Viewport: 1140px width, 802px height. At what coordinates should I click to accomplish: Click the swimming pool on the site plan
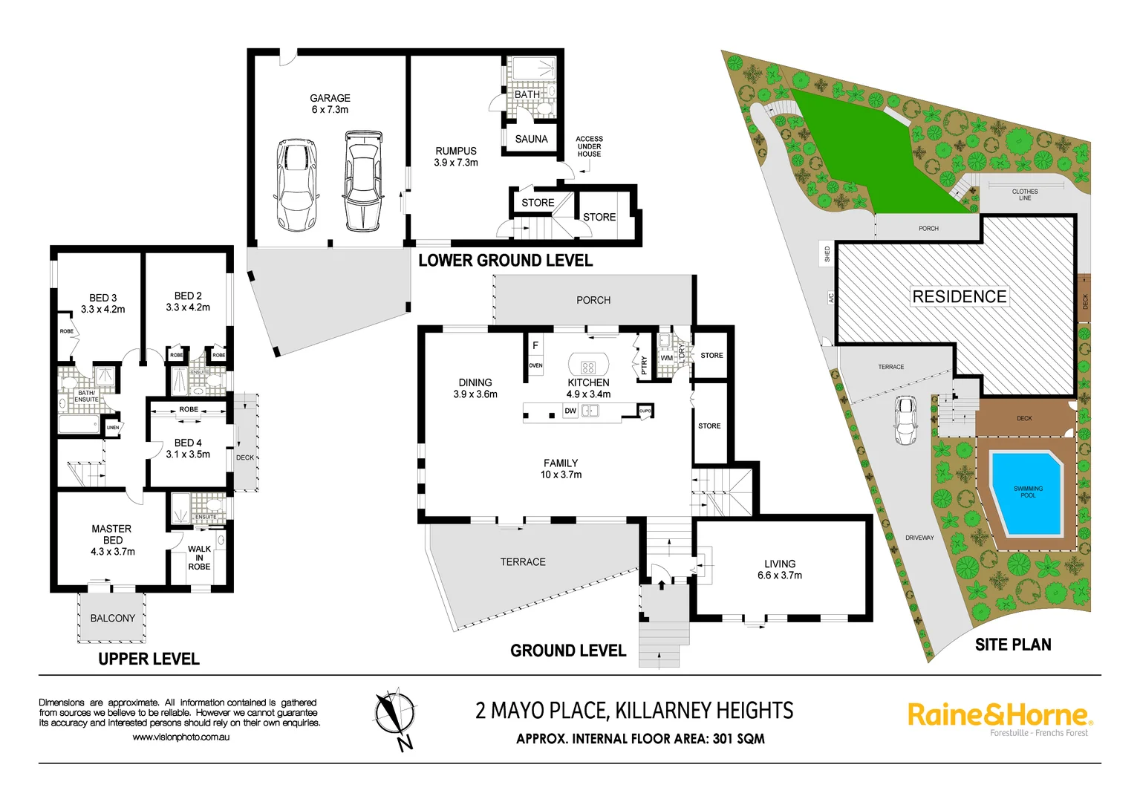click(1027, 492)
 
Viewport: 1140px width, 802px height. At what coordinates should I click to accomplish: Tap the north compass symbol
click(394, 716)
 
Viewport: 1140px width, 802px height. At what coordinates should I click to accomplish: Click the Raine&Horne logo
click(1000, 716)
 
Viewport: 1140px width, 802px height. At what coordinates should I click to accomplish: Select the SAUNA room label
click(531, 139)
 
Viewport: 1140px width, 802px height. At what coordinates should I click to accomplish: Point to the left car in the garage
click(297, 184)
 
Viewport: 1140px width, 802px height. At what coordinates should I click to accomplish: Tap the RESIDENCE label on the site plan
click(959, 296)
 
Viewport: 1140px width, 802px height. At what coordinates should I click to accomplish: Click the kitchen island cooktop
click(588, 367)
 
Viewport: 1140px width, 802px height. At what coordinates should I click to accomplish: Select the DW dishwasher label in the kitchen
click(570, 411)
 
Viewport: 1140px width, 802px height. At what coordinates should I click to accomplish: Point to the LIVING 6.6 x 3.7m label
click(779, 570)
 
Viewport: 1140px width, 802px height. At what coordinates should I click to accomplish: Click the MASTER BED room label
click(112, 535)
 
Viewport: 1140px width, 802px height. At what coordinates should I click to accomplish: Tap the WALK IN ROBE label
click(199, 558)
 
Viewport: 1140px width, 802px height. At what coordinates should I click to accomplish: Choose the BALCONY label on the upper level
click(113, 618)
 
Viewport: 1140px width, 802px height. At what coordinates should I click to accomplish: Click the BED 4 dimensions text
click(188, 454)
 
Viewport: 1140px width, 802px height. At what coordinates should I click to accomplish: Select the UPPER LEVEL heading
click(149, 659)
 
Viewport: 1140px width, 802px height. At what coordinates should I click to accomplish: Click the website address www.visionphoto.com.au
click(180, 737)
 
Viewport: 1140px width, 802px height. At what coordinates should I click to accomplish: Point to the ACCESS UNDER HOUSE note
click(589, 146)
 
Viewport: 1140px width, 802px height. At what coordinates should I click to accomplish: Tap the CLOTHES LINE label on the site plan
click(1024, 195)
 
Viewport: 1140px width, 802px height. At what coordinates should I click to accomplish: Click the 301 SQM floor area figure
click(738, 739)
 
